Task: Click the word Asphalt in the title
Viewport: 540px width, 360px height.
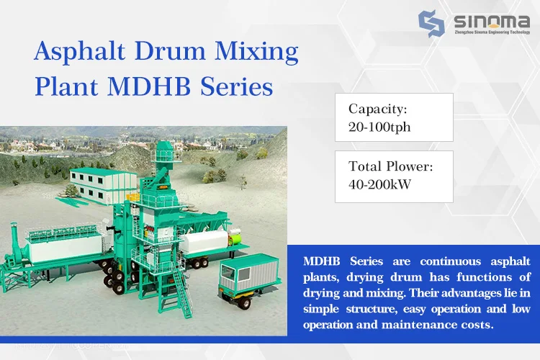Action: [x=79, y=51]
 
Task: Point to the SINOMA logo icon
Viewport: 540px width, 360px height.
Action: [x=431, y=24]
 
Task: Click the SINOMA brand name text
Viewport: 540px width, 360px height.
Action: [x=492, y=22]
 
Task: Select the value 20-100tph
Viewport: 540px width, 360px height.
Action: [x=379, y=127]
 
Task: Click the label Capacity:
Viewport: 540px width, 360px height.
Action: [x=378, y=109]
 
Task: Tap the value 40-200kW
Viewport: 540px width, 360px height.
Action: [x=380, y=184]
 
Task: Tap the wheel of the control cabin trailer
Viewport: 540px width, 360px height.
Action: [x=245, y=302]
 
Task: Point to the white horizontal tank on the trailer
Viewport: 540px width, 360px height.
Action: [x=207, y=242]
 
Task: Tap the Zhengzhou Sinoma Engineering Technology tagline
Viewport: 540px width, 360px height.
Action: [x=492, y=32]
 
